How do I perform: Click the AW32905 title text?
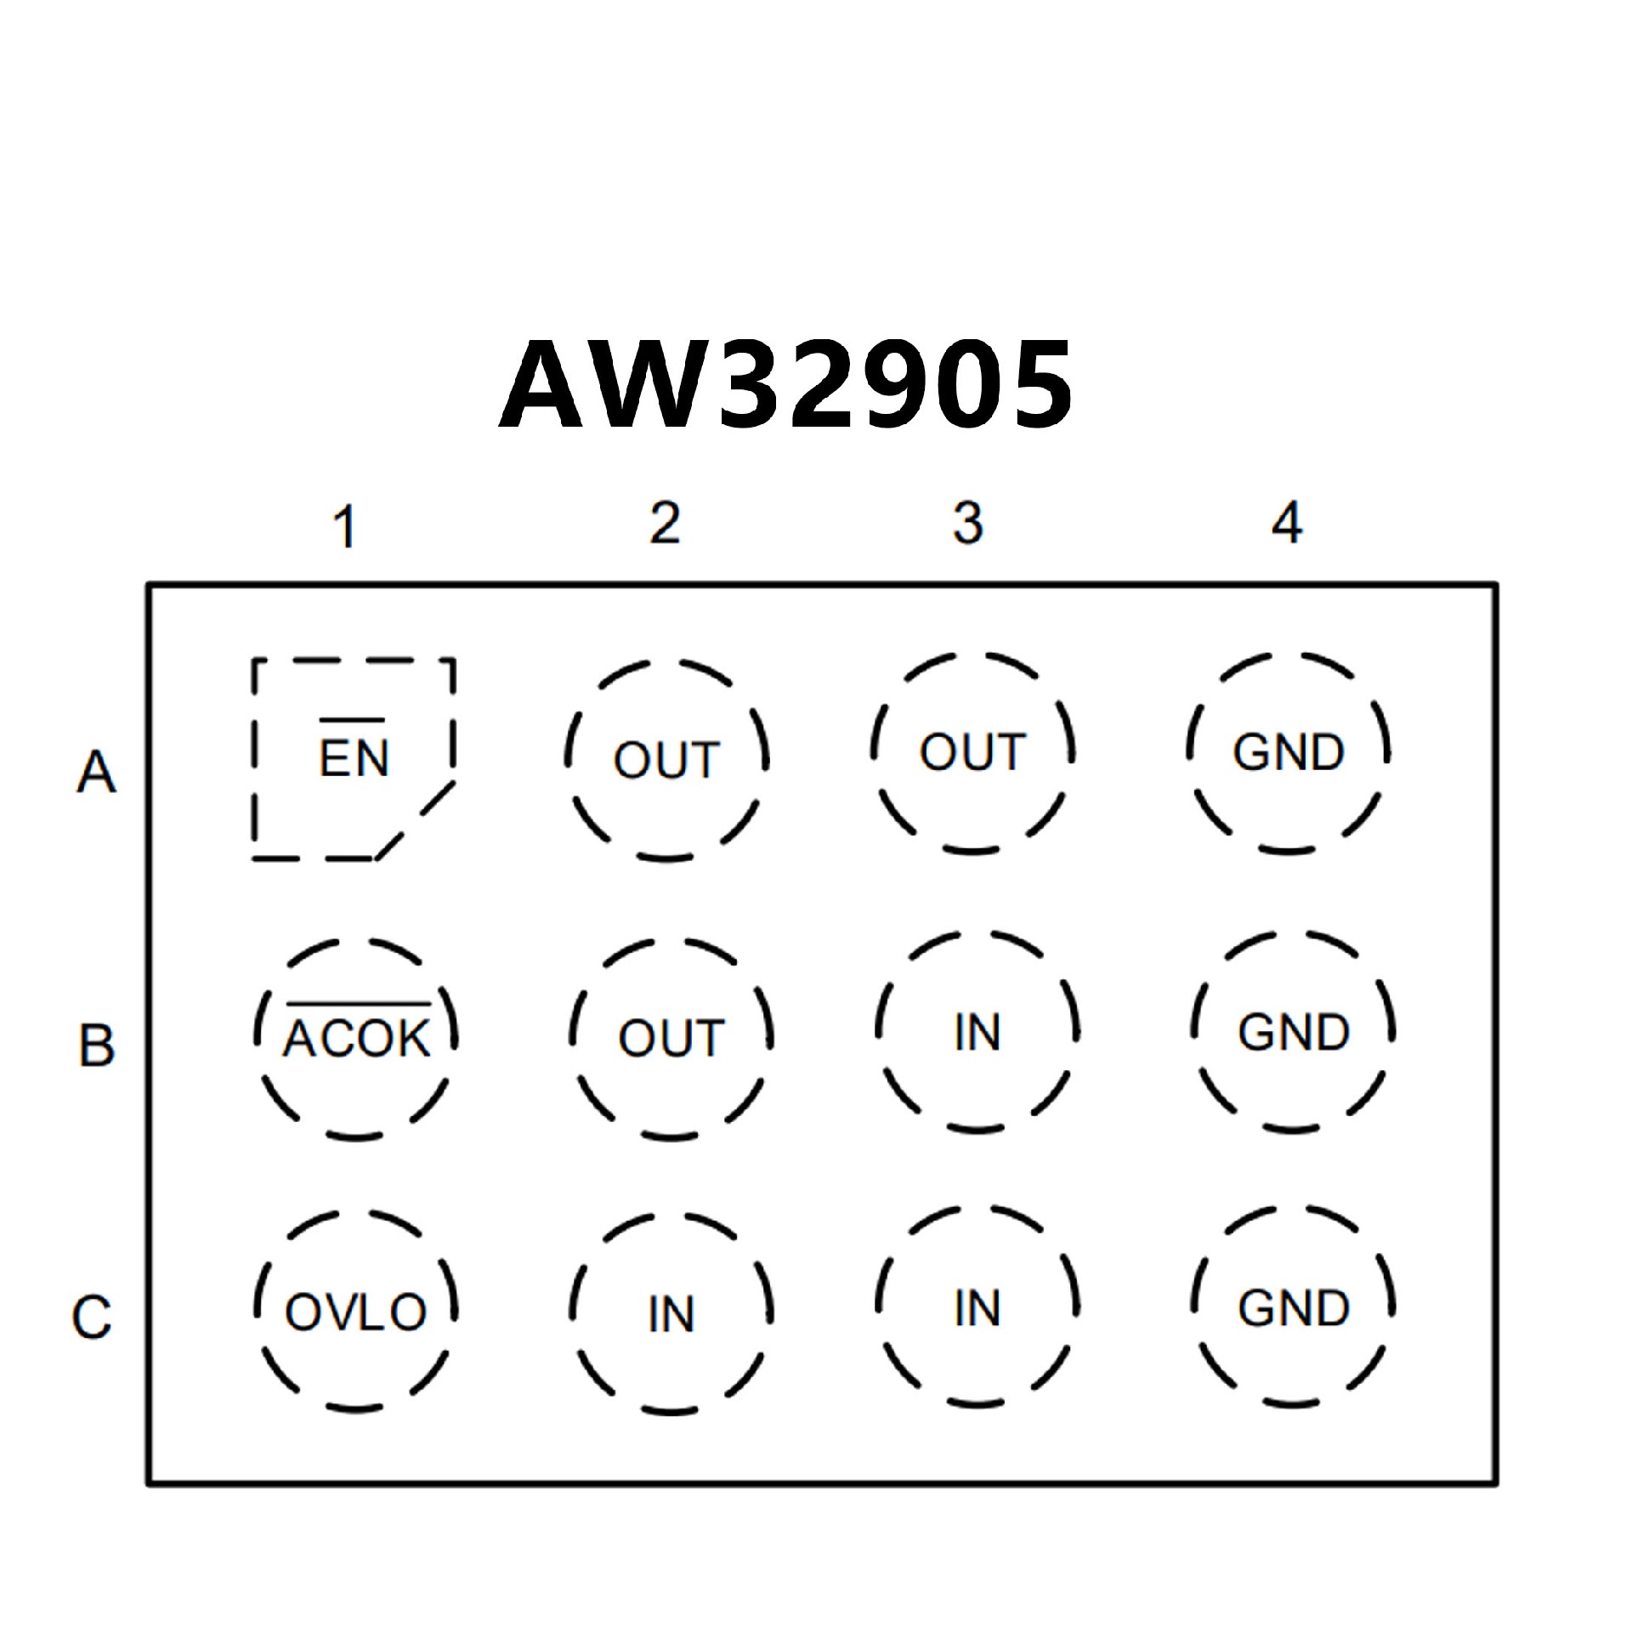[x=786, y=385]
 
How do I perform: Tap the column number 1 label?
[x=344, y=526]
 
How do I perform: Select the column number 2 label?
[x=665, y=523]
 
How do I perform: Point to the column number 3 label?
[x=968, y=523]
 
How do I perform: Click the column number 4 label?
[x=1287, y=523]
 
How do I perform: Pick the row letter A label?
[x=96, y=773]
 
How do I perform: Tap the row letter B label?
[x=96, y=1045]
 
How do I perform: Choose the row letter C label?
[x=92, y=1317]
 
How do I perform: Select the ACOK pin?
[x=356, y=1038]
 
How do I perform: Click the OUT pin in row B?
[x=671, y=1038]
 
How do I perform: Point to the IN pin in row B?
[x=977, y=1033]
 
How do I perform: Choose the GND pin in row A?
[x=1289, y=752]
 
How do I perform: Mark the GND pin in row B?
[x=1293, y=1033]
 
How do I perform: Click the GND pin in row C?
[x=1293, y=1308]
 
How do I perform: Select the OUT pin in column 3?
[x=973, y=752]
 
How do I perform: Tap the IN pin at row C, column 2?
[x=671, y=1314]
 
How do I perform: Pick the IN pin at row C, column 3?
[x=977, y=1308]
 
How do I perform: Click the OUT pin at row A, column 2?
[x=666, y=759]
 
